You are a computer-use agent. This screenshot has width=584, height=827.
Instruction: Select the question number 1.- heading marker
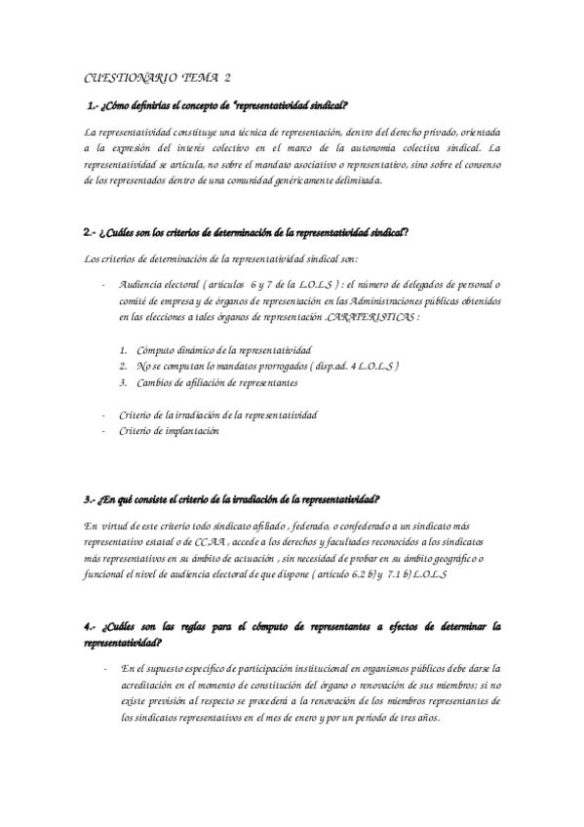point(93,105)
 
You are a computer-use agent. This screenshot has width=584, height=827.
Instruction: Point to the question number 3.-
point(91,499)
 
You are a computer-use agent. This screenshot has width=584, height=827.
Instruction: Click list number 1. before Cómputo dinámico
point(124,349)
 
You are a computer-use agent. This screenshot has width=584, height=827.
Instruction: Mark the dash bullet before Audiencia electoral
point(103,285)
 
